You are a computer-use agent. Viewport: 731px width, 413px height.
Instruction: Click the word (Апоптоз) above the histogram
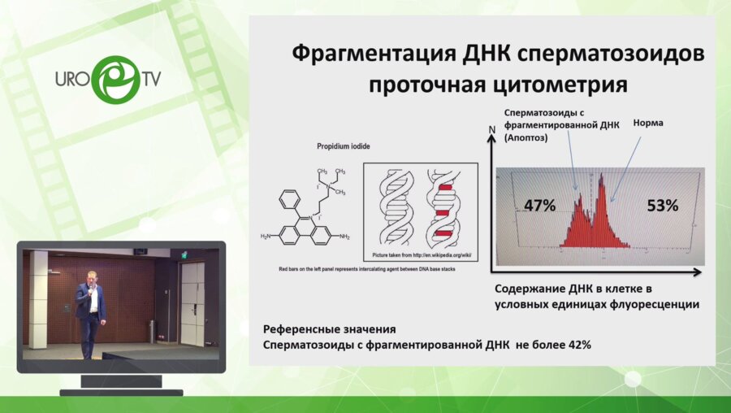pyautogui.click(x=527, y=139)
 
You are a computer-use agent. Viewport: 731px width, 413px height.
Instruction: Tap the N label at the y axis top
pyautogui.click(x=491, y=130)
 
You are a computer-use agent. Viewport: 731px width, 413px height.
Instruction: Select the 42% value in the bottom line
pyautogui.click(x=577, y=345)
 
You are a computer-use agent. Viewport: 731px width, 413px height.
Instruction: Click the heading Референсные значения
pyautogui.click(x=329, y=330)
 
